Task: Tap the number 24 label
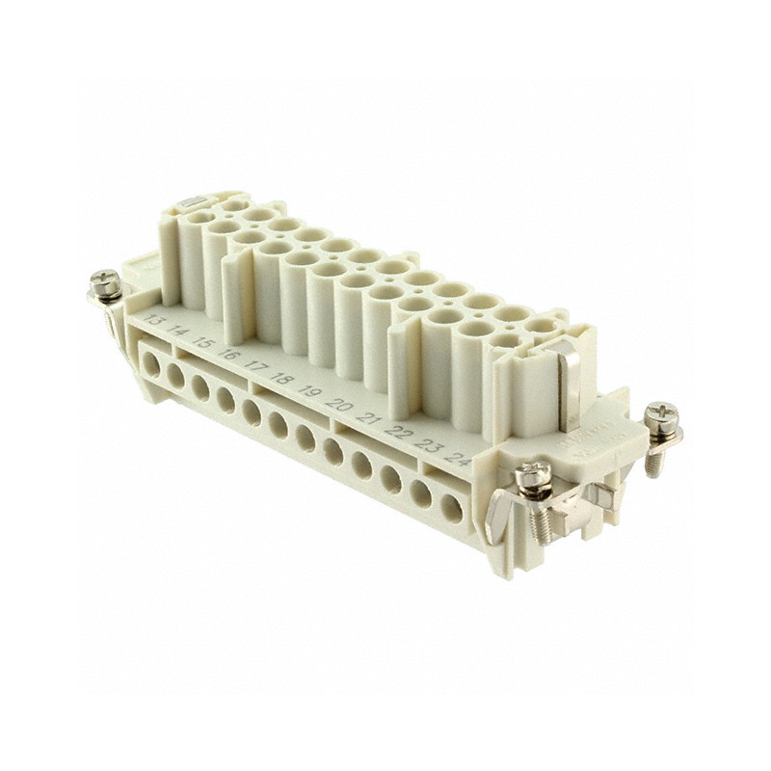(460, 458)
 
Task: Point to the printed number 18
(281, 377)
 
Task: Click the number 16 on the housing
(228, 353)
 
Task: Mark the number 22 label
(397, 430)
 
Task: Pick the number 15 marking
(202, 341)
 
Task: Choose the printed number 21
(367, 416)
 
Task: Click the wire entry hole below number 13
(152, 364)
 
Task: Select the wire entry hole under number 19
(306, 438)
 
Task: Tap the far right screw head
(661, 417)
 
